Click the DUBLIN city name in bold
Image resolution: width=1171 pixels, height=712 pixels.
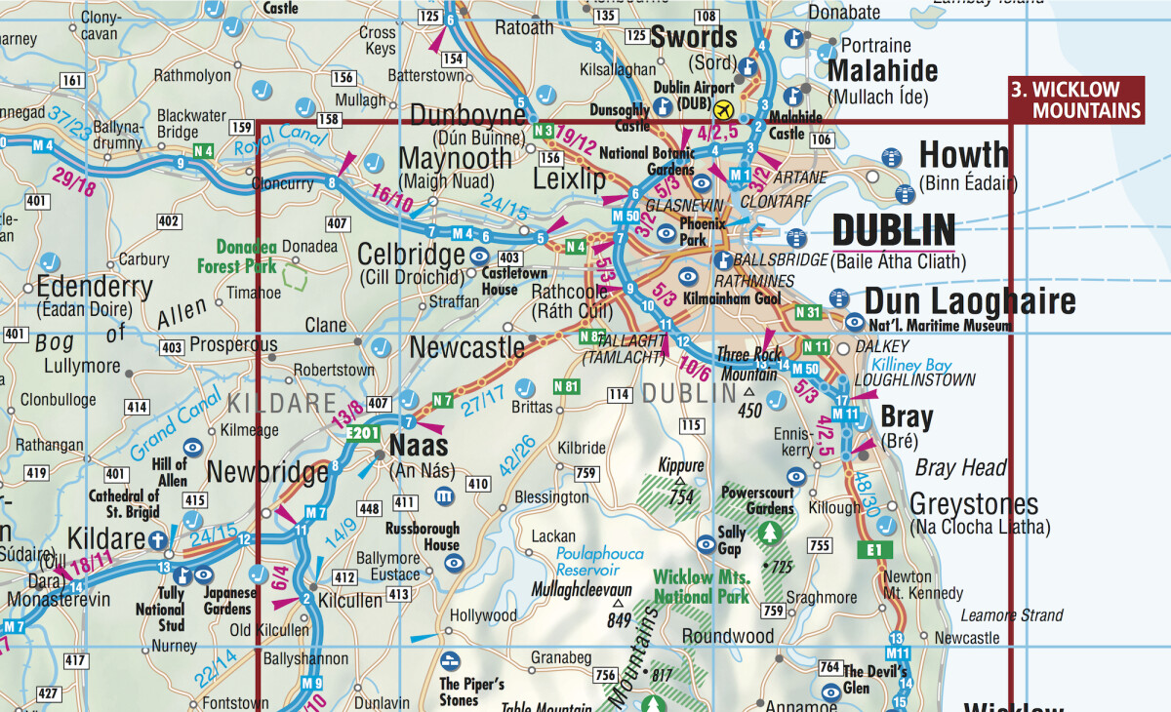(893, 232)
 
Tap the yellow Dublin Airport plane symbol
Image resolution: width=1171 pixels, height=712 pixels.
(723, 108)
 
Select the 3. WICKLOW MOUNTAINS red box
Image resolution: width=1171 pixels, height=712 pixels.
(1076, 99)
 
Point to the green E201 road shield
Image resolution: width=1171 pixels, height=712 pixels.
(363, 434)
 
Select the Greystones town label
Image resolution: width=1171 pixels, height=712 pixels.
(974, 504)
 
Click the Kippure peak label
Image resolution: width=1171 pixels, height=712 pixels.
(680, 464)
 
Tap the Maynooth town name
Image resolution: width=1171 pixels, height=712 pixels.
(455, 157)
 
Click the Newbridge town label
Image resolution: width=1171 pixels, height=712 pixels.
(266, 474)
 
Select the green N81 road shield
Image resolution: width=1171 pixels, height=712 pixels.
(567, 385)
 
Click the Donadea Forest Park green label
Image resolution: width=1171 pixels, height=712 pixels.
(247, 257)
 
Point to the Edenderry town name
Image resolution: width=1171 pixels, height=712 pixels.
(95, 288)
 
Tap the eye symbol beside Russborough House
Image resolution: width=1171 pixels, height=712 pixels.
(452, 563)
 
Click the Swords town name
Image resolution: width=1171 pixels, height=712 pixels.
(694, 38)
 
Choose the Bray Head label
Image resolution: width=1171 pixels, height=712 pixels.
(960, 468)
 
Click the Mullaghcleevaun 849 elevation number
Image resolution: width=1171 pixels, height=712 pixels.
(618, 620)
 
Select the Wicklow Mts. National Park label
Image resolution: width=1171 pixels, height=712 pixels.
(701, 586)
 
